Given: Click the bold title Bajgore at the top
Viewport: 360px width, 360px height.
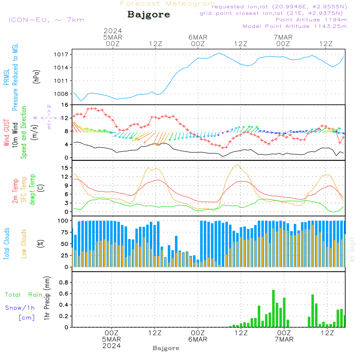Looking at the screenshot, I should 149,15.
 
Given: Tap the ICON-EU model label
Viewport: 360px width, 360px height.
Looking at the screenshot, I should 46,19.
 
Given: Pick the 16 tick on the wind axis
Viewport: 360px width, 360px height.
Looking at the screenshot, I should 65,105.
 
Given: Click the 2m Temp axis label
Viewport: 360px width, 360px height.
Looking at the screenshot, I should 15,190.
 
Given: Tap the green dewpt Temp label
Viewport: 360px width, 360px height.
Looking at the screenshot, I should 32,190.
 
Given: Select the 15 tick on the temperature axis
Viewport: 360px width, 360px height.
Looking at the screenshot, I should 65,168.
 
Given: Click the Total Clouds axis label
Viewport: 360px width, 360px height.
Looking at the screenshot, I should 6,244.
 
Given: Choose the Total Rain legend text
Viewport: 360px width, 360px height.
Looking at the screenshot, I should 24,294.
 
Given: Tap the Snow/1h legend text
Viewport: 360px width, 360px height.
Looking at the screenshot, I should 20,308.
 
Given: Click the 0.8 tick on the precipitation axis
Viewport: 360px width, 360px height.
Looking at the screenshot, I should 64,283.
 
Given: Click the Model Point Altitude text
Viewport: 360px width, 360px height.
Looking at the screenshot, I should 295,26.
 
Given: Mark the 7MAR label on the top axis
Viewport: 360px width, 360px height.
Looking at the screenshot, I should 283,37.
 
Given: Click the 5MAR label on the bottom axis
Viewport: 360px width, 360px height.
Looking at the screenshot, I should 112,339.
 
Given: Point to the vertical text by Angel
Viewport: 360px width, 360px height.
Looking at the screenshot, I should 352,250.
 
